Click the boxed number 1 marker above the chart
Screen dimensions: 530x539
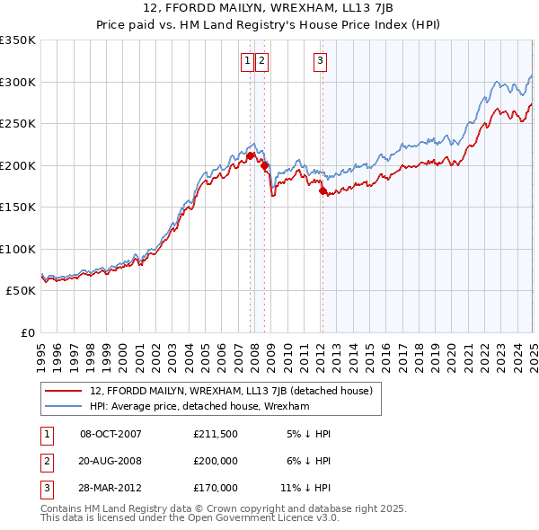246,61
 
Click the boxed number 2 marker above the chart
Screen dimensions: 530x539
261,61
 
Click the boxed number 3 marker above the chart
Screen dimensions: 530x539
321,61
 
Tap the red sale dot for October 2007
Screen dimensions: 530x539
250,155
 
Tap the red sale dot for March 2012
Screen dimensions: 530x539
323,190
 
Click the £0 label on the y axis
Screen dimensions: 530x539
27,332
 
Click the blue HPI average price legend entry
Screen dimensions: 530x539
199,406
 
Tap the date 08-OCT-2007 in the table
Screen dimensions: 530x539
111,434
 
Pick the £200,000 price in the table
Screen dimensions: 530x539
216,461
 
